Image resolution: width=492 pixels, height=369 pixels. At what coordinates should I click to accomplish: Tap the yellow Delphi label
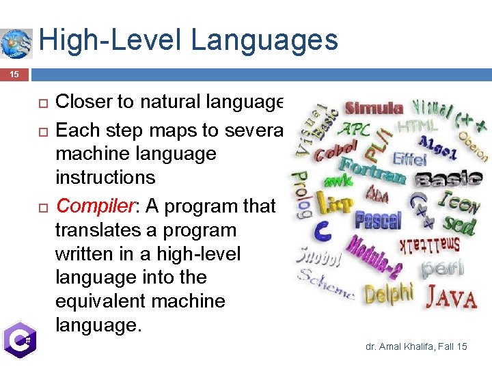pyautogui.click(x=389, y=294)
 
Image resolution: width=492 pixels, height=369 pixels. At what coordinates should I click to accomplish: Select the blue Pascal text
pyautogui.click(x=378, y=221)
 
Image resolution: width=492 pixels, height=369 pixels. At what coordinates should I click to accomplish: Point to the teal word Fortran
pyautogui.click(x=373, y=168)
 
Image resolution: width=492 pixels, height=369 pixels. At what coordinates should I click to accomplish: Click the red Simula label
pyautogui.click(x=373, y=108)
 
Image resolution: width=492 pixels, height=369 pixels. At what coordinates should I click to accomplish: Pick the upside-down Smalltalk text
pyautogui.click(x=428, y=245)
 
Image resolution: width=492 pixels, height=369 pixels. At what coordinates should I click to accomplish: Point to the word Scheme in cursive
pyautogui.click(x=327, y=286)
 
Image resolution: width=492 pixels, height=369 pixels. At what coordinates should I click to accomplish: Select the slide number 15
pyautogui.click(x=14, y=74)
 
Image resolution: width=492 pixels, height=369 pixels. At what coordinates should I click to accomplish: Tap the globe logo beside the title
pyautogui.click(x=16, y=43)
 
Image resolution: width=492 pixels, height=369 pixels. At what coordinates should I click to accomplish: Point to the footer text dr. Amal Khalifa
pyautogui.click(x=416, y=347)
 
